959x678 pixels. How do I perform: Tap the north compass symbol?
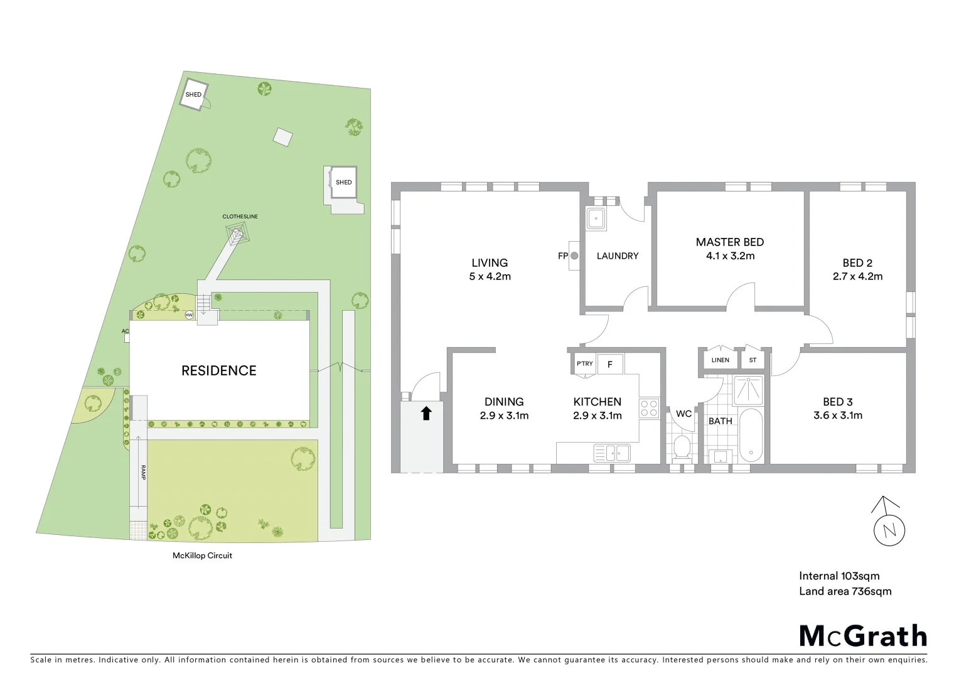click(889, 529)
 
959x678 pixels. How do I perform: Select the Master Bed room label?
click(729, 242)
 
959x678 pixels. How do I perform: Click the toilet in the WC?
click(681, 448)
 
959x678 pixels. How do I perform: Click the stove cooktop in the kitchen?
click(649, 409)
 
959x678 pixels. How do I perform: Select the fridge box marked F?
click(609, 364)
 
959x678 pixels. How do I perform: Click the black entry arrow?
click(426, 413)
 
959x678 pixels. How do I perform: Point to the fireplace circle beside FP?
click(574, 256)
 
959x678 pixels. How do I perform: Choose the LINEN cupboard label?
click(720, 360)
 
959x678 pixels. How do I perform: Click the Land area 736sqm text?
click(845, 591)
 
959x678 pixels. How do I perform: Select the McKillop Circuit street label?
click(202, 556)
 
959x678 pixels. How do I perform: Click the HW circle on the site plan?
click(189, 315)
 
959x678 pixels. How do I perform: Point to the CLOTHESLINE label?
click(240, 217)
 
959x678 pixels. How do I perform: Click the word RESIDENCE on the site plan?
click(218, 371)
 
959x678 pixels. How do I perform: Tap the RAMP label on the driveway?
click(143, 473)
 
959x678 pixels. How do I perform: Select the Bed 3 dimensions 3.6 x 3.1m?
click(837, 415)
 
